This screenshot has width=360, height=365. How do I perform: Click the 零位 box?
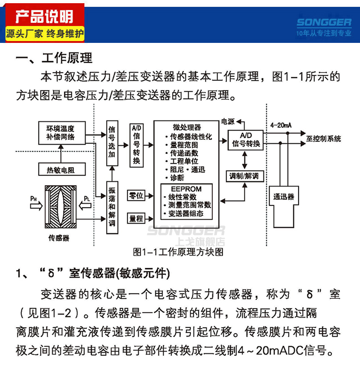(x=137, y=196)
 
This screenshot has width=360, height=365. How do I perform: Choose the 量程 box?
(x=137, y=219)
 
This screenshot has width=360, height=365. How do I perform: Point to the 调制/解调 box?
(x=245, y=175)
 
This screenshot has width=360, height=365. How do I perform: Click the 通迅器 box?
(x=284, y=198)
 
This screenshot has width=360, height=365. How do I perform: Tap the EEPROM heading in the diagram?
(x=186, y=189)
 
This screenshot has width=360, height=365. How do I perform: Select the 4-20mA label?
(x=281, y=125)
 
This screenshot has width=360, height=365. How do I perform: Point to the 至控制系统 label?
(x=323, y=139)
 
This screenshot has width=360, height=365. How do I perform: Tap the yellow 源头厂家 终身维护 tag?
(x=45, y=33)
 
